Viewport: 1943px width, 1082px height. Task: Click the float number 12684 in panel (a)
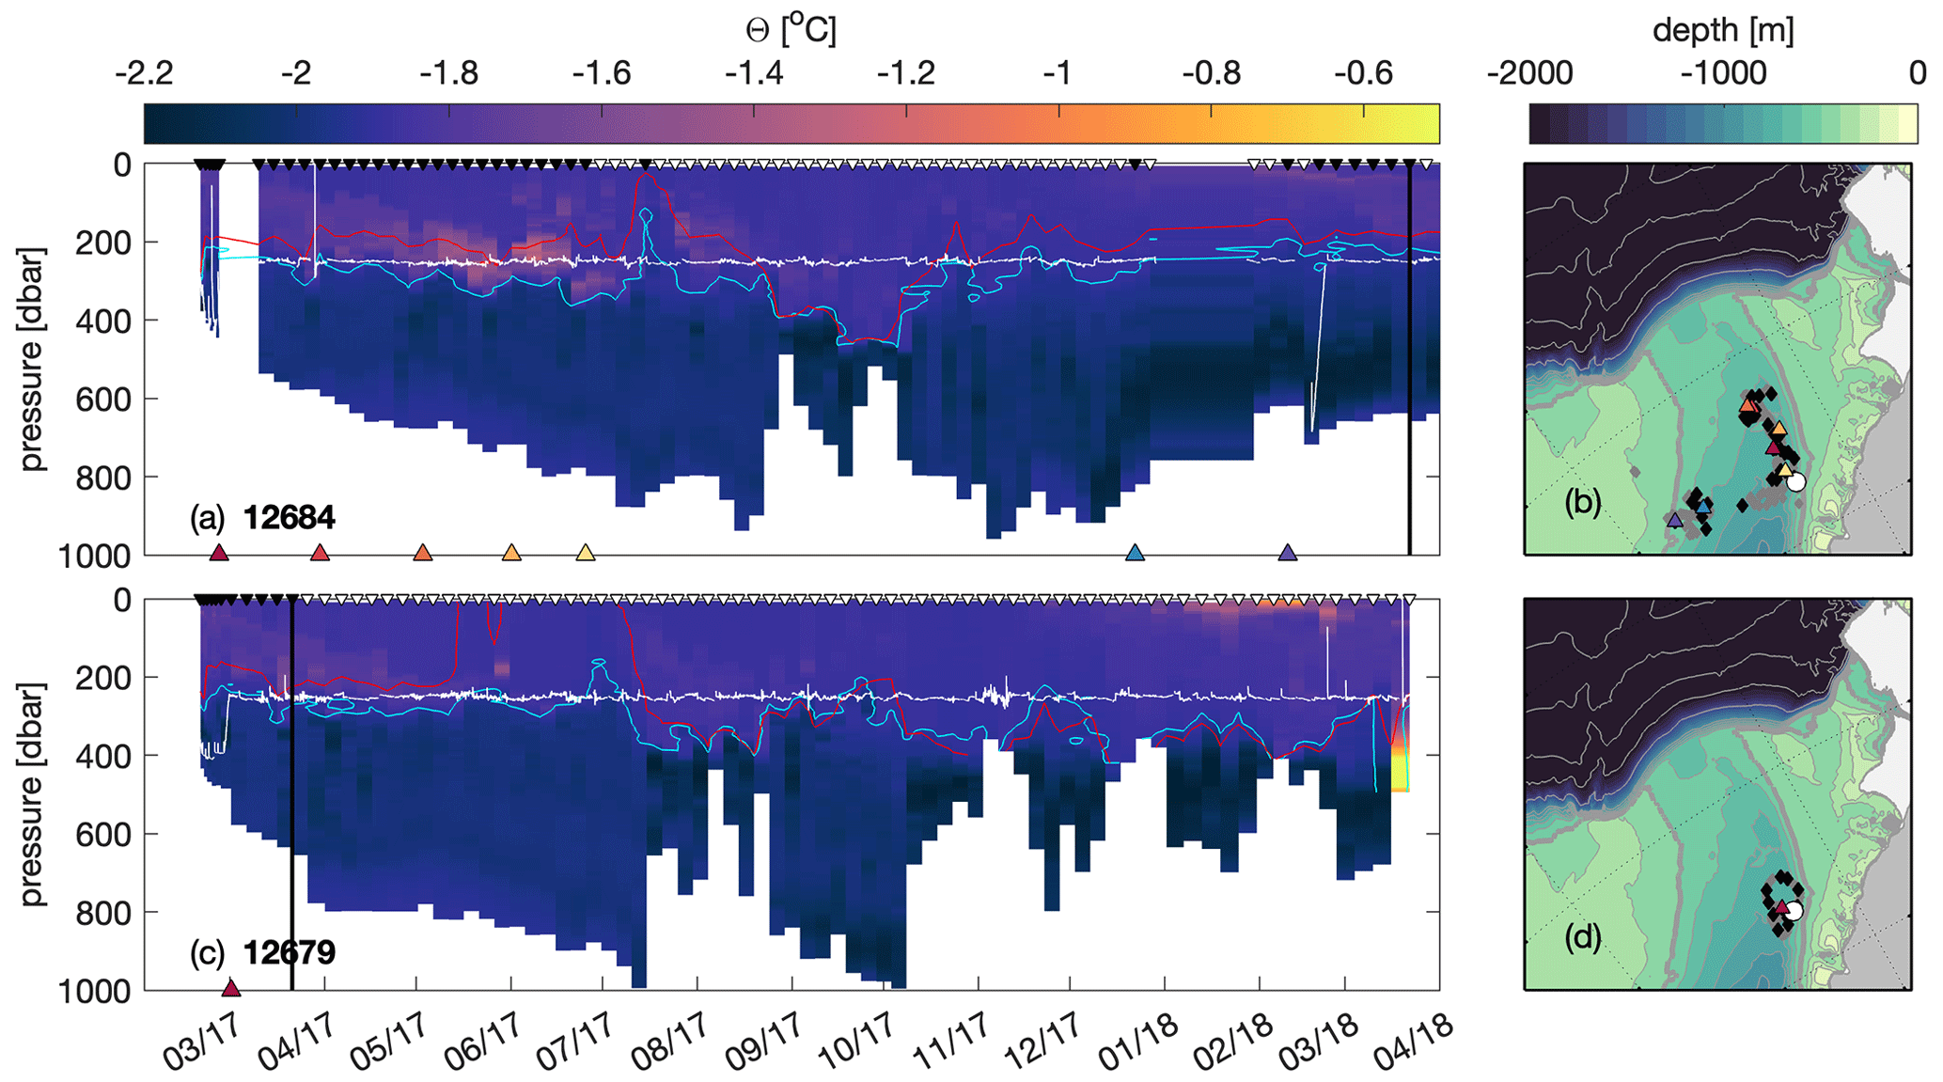coord(289,518)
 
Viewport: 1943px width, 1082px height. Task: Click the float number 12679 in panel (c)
coord(289,953)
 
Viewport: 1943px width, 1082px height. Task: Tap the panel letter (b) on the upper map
coord(1583,503)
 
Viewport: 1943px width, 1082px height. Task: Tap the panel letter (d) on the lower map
coord(1583,938)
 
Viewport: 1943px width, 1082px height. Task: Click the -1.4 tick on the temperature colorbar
coord(755,73)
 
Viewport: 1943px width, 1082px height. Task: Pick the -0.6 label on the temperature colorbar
coord(1364,73)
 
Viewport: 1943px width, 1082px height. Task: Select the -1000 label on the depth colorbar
coord(1722,73)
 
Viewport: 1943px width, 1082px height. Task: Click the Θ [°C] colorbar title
coord(791,30)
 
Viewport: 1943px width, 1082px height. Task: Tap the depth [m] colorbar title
coord(1722,30)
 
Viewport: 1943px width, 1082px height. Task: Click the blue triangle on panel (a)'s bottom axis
coord(1135,553)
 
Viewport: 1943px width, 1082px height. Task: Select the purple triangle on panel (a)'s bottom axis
coord(1288,553)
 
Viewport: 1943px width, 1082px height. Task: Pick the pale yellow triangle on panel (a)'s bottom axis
coord(585,553)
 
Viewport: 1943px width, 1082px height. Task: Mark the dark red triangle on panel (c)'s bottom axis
coord(231,988)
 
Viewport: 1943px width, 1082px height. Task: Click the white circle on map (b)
coord(1796,482)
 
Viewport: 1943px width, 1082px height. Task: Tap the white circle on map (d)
coord(1794,911)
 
